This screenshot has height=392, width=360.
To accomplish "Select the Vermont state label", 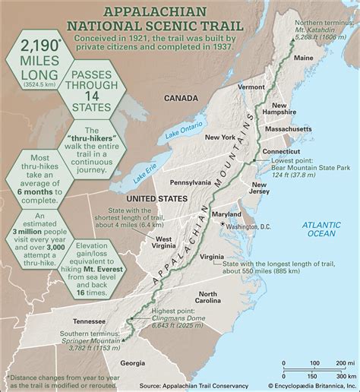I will tap(251, 87).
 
